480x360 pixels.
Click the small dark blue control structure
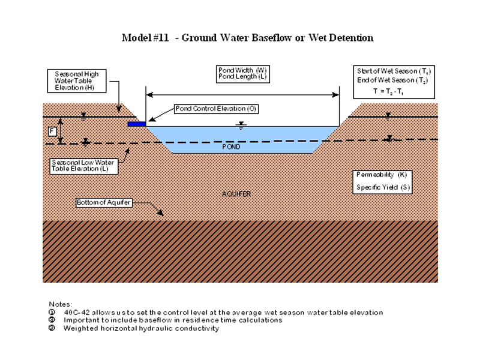coord(137,124)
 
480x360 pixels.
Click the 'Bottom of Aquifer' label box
coord(103,203)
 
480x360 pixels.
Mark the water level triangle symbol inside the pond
coord(241,125)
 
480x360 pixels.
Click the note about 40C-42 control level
coord(223,313)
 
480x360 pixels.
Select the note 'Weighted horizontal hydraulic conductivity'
coord(141,328)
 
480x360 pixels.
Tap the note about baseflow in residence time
coord(173,320)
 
